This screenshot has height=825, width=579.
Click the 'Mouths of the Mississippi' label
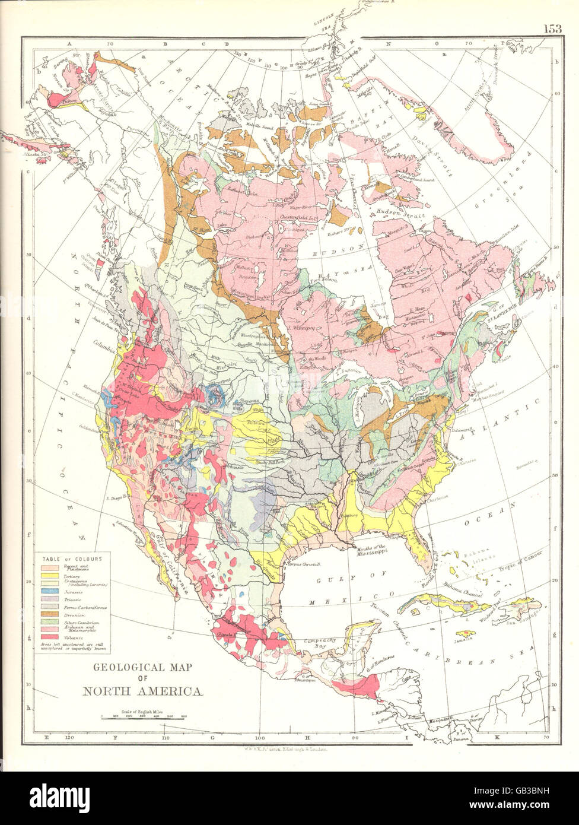[x=372, y=549]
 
